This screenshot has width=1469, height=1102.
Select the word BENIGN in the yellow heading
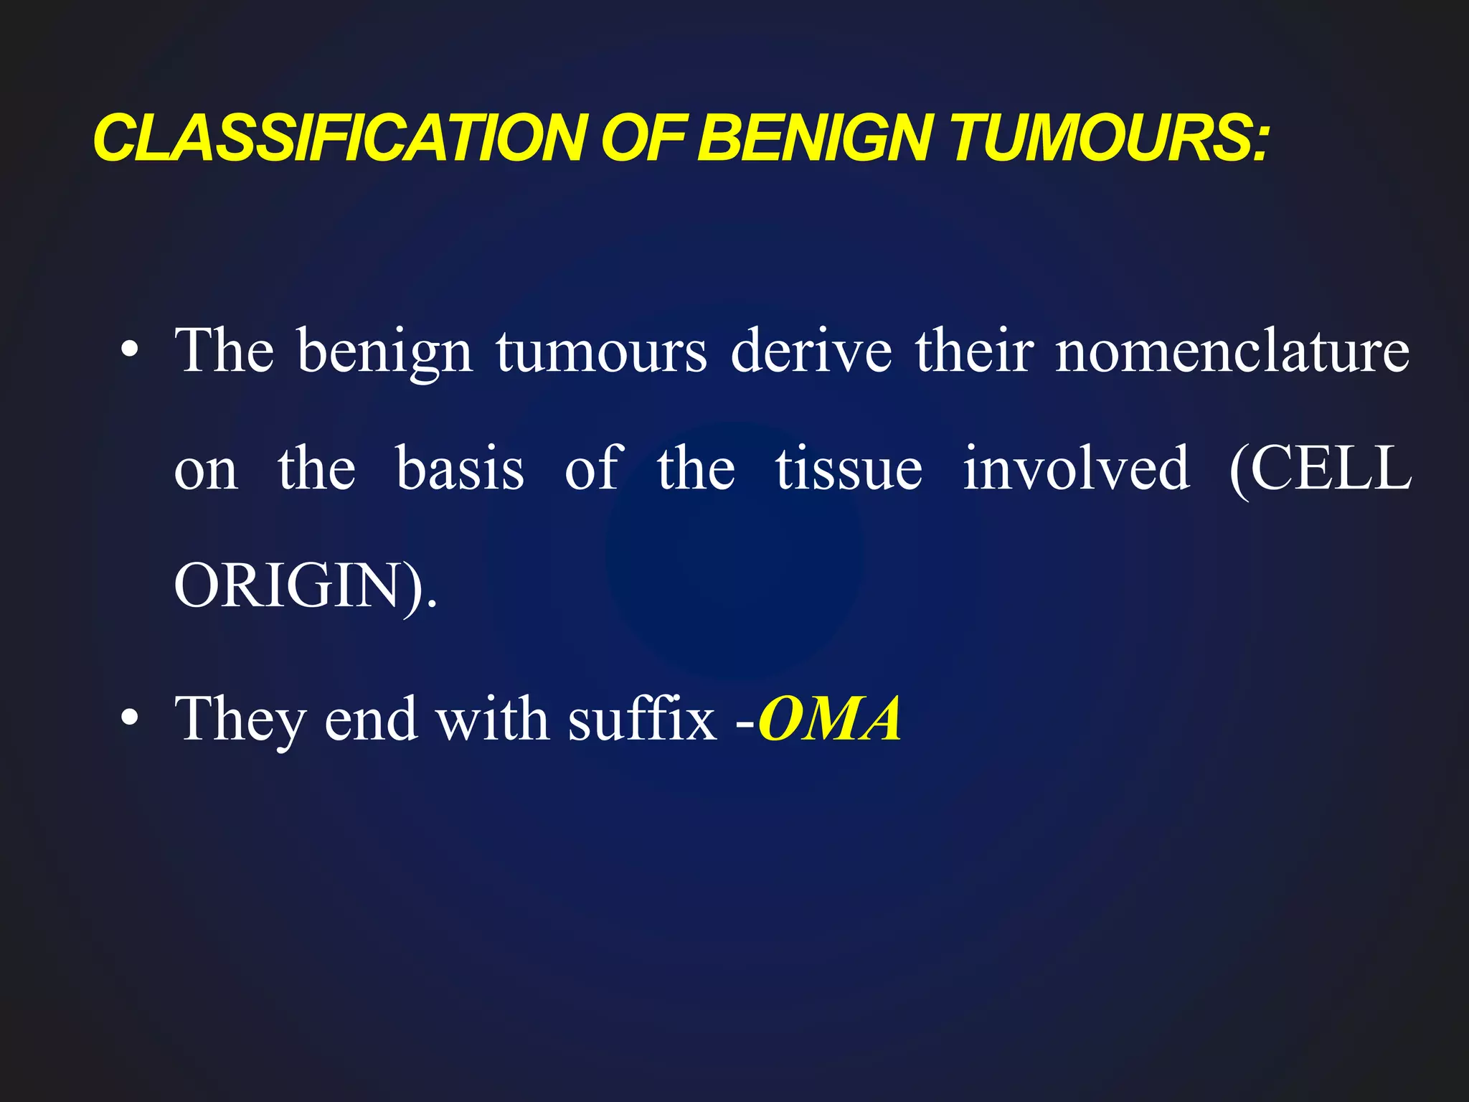[815, 138]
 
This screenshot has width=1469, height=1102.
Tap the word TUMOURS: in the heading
[1109, 138]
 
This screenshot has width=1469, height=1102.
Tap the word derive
[811, 351]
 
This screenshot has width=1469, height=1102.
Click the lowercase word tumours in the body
[601, 352]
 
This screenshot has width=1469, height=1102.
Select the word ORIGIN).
[305, 586]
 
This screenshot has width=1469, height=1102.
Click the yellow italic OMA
[830, 718]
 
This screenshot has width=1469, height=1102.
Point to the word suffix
[642, 718]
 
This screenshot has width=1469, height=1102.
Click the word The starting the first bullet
[225, 351]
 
